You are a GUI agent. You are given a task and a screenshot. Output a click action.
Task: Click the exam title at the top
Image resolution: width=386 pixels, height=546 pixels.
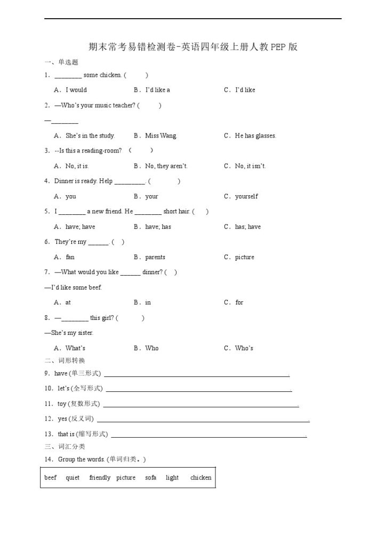(192, 47)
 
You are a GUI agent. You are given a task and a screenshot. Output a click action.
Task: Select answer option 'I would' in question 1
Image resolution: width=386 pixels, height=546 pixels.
(76, 90)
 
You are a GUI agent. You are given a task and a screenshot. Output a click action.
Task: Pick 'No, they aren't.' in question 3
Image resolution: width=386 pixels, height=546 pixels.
(166, 166)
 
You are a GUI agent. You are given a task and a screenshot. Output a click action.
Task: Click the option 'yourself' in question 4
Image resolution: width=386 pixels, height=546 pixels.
(246, 197)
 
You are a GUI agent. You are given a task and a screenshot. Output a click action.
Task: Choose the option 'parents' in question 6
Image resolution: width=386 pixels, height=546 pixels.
(155, 258)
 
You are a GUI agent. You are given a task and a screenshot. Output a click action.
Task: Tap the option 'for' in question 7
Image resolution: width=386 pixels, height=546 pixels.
(239, 303)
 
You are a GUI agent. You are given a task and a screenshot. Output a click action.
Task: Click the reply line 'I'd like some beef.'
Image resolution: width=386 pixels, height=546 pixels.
(74, 288)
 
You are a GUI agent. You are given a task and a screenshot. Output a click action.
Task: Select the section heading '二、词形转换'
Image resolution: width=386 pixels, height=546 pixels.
(65, 360)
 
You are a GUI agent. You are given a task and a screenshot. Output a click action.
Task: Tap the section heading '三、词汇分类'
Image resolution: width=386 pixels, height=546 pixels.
(65, 446)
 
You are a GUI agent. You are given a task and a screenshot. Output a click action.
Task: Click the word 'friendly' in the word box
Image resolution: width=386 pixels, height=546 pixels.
(100, 478)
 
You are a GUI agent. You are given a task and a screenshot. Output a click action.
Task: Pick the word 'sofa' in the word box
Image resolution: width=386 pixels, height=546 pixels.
(151, 478)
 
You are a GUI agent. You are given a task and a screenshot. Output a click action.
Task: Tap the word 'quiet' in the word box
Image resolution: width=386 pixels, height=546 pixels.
(73, 478)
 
